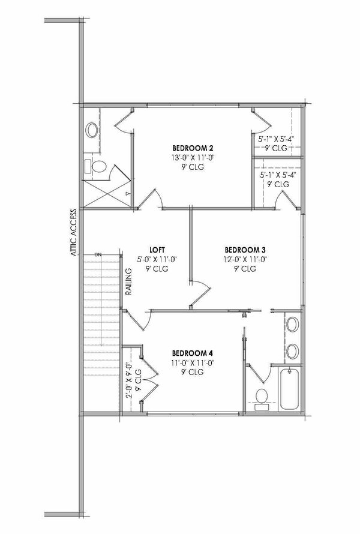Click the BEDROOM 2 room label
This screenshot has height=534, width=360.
[x=193, y=148]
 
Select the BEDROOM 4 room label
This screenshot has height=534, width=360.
[x=193, y=353]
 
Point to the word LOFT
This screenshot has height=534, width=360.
[x=157, y=250]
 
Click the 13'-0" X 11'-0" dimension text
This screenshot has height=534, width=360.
[x=193, y=158]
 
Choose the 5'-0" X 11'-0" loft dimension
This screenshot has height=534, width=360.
[x=157, y=259]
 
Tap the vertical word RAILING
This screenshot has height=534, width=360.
[x=128, y=281]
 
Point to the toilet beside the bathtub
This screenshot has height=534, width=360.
[x=262, y=398]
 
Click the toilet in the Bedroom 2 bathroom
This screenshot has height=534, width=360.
[x=97, y=166]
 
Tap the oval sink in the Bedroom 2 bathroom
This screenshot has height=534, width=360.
[x=93, y=128]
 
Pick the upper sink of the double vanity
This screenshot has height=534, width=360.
[x=292, y=325]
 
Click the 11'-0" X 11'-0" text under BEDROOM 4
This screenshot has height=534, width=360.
[x=193, y=362]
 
